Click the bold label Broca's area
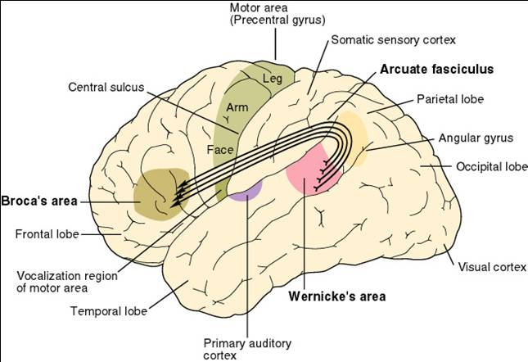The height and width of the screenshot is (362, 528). (x=39, y=201)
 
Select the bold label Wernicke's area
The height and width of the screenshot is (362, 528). (x=337, y=296)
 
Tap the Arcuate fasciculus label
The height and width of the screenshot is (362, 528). (x=437, y=69)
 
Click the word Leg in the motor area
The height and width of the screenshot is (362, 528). (x=273, y=79)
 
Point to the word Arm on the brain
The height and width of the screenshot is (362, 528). (x=237, y=107)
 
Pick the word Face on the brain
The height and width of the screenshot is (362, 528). (x=220, y=150)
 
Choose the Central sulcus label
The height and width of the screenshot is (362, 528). (x=106, y=87)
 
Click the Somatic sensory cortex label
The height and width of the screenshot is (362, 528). (x=393, y=40)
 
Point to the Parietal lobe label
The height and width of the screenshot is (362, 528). (x=450, y=99)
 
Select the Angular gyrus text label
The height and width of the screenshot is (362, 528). (x=476, y=138)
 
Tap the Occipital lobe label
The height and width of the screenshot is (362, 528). (x=492, y=166)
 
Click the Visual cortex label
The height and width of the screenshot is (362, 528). (x=492, y=267)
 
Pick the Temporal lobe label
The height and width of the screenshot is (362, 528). (x=109, y=311)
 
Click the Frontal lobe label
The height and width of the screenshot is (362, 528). (x=47, y=234)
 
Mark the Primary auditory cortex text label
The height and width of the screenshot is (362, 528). (x=247, y=350)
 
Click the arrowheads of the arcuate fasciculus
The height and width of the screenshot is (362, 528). (x=178, y=195)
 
